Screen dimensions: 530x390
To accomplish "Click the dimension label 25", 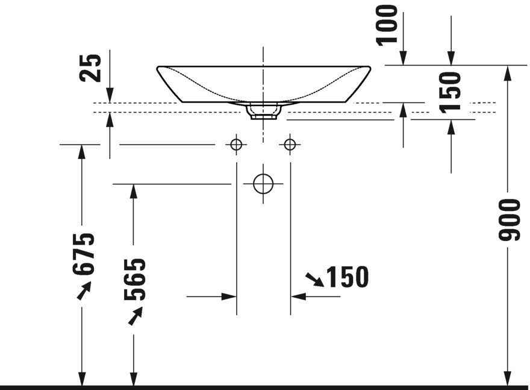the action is (x=90, y=68).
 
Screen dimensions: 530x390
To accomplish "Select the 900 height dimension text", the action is (x=509, y=220).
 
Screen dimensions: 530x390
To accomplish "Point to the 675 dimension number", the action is (x=83, y=254).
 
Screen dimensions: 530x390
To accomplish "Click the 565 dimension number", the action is (x=134, y=280).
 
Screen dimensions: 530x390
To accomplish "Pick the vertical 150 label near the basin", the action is (x=450, y=92).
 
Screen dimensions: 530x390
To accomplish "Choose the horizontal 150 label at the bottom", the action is (x=348, y=277).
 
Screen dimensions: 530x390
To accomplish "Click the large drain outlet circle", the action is (x=263, y=184).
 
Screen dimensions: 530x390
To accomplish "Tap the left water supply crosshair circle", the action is (x=236, y=145).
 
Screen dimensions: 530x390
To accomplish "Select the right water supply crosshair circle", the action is (x=290, y=145).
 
